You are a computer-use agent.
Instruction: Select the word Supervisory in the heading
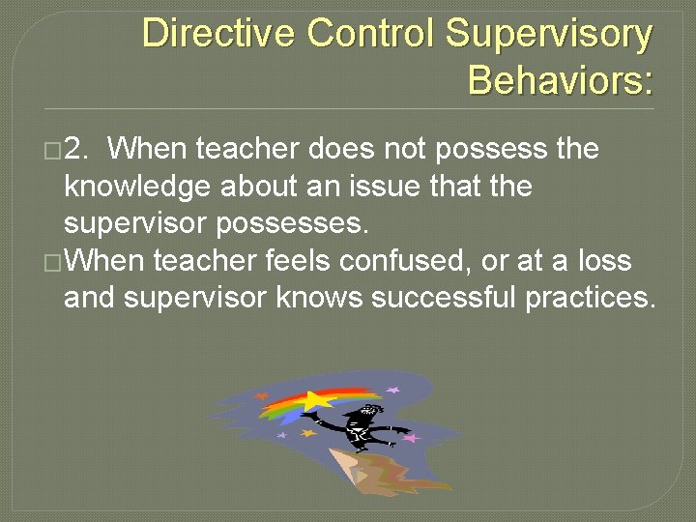coord(548,34)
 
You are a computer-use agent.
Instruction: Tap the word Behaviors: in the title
coord(561,80)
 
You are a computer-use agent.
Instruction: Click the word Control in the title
coord(371,34)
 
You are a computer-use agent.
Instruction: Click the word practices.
coord(590,297)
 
